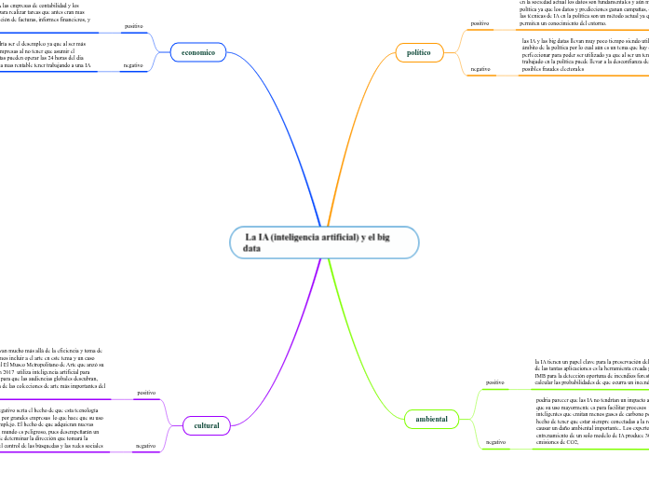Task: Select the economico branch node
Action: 197,52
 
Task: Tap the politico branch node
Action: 419,52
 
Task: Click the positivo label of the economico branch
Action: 133,26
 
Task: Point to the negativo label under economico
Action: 132,65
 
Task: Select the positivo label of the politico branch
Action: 480,23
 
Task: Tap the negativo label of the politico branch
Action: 480,69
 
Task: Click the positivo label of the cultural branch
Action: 146,393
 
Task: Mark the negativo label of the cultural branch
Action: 144,445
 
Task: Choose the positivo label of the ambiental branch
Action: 494,381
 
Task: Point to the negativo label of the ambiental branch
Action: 494,441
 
